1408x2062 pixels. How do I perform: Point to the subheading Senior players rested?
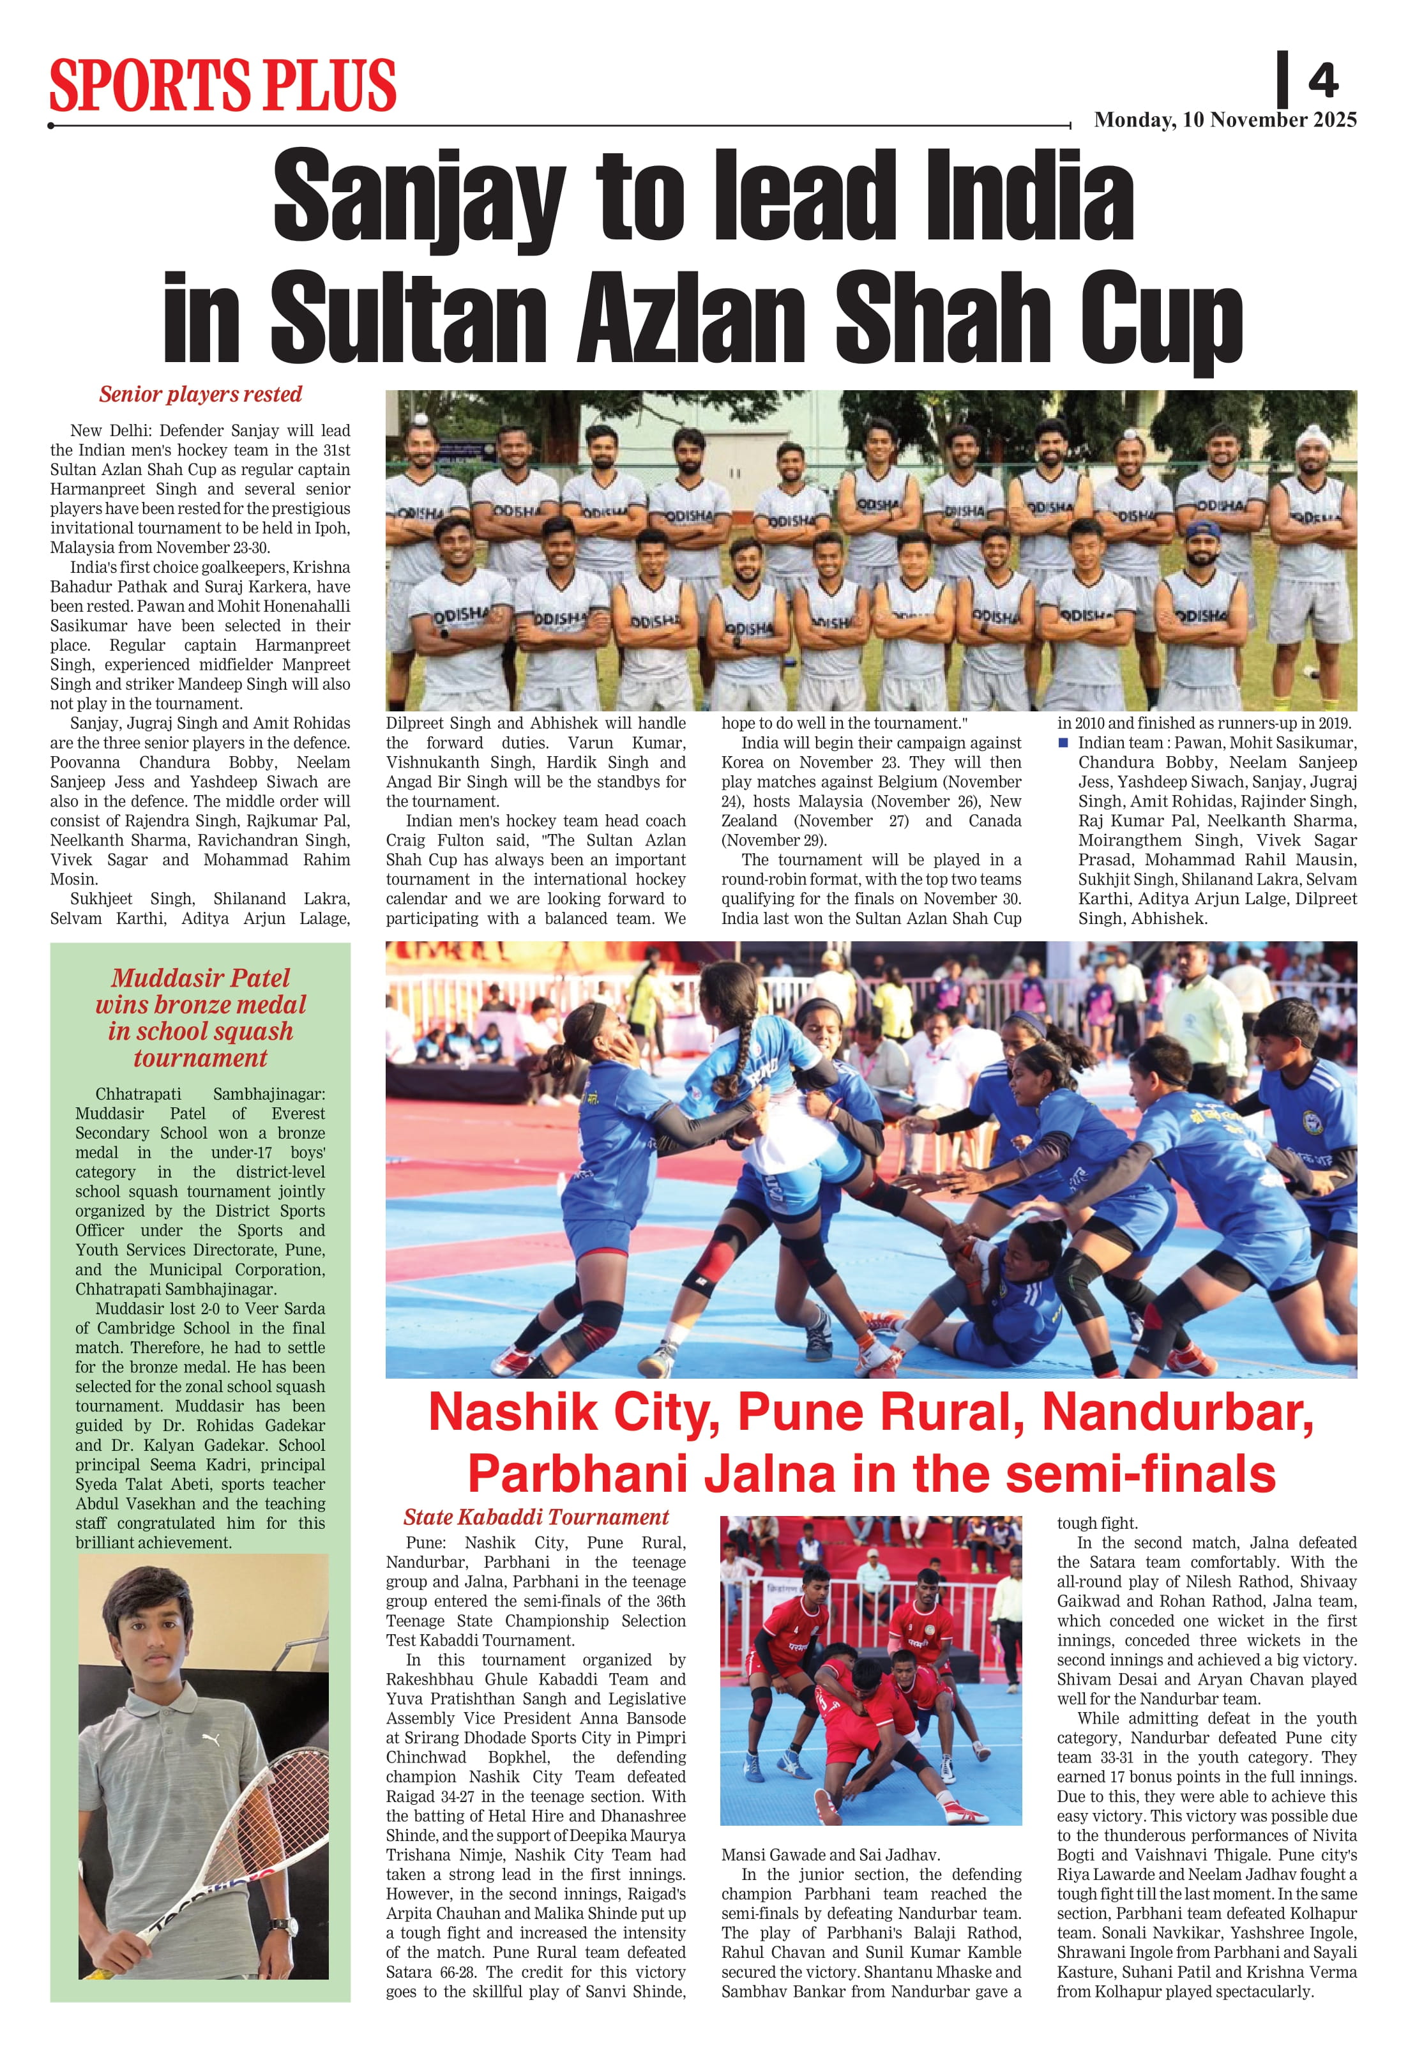point(201,394)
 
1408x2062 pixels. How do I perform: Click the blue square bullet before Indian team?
point(1064,742)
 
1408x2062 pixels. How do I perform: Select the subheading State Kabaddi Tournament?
point(536,1517)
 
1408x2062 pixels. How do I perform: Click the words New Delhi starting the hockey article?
point(111,430)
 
